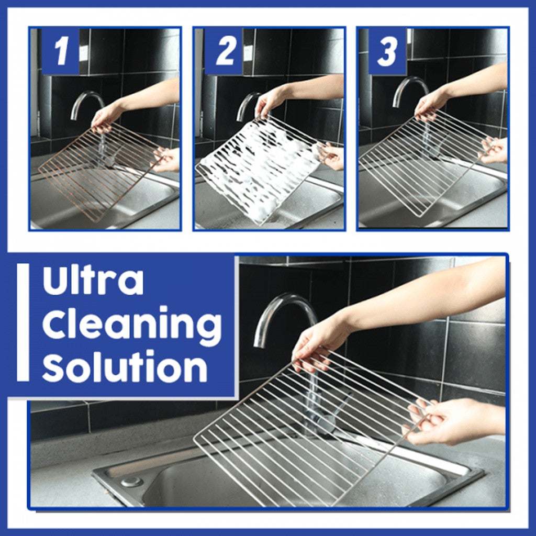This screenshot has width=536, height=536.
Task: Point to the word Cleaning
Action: [x=131, y=325]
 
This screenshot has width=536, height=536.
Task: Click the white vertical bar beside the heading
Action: [x=23, y=322]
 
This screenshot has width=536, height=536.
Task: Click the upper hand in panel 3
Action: [x=432, y=102]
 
